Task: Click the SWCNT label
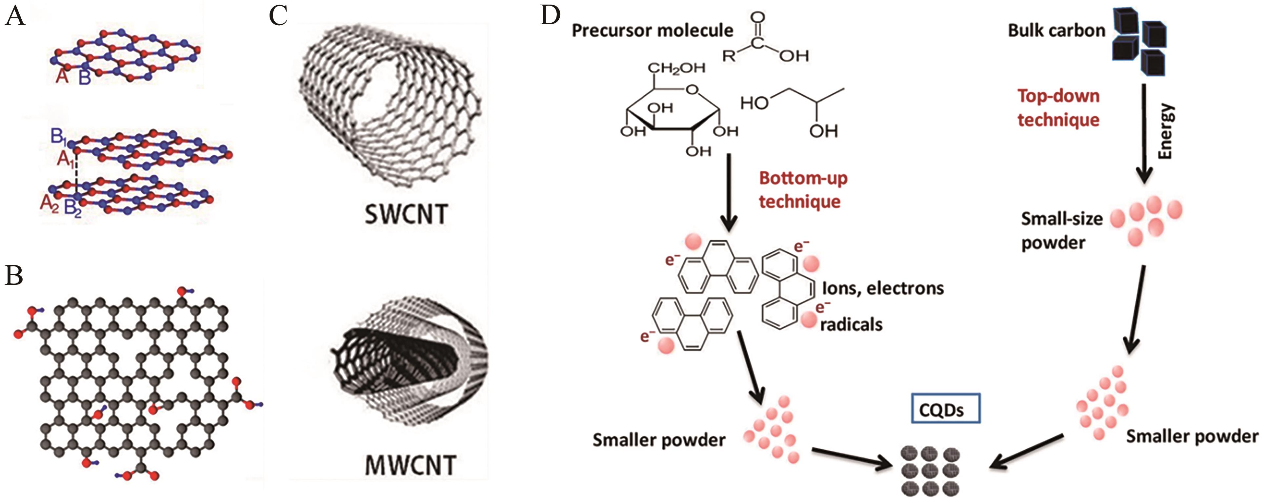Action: tap(406, 214)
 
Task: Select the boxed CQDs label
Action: tap(941, 408)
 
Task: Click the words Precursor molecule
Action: tap(652, 31)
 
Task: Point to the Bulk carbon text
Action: tap(1056, 30)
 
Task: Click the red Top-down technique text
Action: tap(1058, 107)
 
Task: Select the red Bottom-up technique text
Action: tap(803, 189)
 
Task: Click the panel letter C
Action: tap(278, 16)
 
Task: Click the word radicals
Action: tap(851, 324)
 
